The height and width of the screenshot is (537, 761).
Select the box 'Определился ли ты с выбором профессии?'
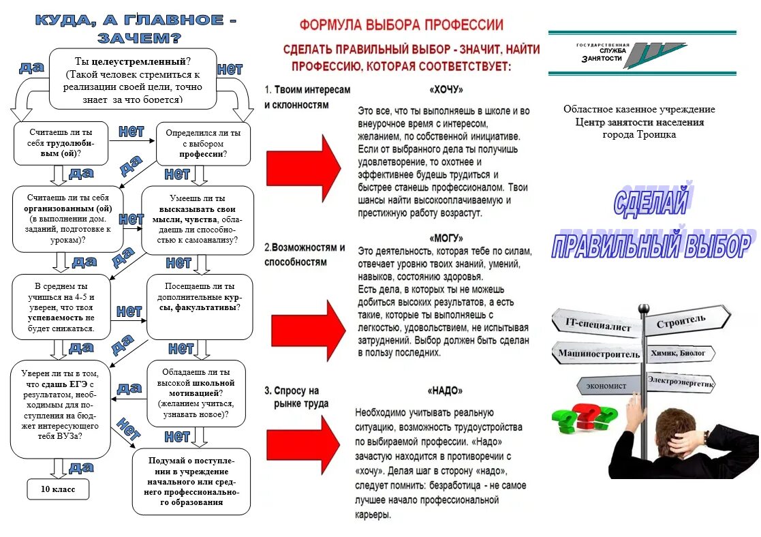pos(203,144)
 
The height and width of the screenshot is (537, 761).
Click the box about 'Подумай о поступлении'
pos(191,481)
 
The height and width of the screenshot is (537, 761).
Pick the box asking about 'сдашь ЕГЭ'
pos(61,409)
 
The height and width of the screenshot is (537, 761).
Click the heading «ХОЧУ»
pos(446,89)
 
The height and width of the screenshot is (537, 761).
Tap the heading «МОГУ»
pos(446,239)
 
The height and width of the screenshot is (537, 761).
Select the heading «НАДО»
pos(446,390)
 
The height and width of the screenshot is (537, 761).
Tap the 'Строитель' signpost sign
pos(681,320)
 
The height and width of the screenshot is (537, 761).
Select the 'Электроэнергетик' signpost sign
pos(681,382)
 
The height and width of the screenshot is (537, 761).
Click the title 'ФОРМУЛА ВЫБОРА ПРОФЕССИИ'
pos(402,26)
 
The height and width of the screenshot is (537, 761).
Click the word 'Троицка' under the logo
pos(653,135)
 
